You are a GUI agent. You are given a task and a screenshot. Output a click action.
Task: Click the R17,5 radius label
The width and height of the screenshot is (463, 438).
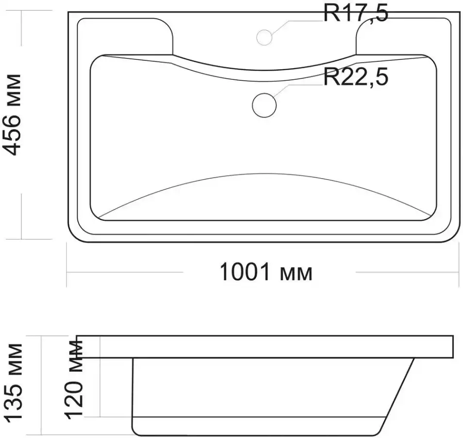pos(356,13)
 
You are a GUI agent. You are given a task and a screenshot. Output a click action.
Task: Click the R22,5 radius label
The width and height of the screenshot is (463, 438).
pos(356,77)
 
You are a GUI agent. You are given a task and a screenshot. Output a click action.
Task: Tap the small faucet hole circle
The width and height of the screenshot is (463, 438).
pos(264,37)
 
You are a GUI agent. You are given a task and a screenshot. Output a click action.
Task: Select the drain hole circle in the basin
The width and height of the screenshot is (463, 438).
pos(264,105)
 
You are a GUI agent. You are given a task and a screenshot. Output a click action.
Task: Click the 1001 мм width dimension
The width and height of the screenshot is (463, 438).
pos(266,272)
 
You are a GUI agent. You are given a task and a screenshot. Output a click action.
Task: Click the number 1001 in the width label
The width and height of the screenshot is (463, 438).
pos(245,272)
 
